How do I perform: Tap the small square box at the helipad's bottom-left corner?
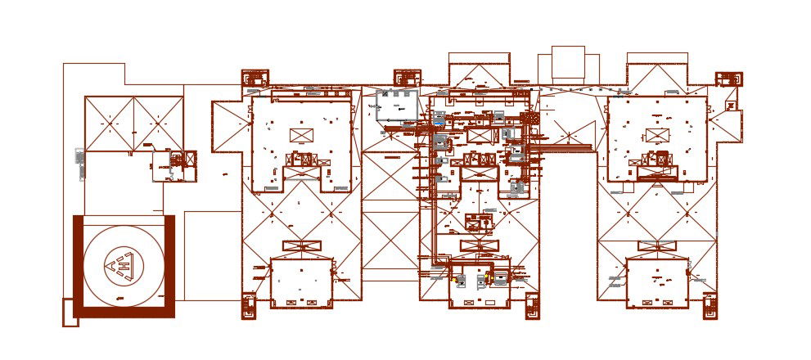point(70,312)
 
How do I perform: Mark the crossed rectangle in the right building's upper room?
point(657,135)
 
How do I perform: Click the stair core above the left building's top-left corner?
point(255,79)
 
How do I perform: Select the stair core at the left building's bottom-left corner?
point(249,305)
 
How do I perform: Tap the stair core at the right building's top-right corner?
point(728,79)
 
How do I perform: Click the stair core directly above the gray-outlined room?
point(407,79)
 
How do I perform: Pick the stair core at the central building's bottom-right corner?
point(532,304)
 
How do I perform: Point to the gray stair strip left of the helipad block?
point(79,164)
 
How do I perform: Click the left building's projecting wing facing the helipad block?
point(223,126)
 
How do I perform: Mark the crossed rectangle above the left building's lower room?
point(301,246)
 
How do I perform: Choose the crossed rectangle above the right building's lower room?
point(657,246)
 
